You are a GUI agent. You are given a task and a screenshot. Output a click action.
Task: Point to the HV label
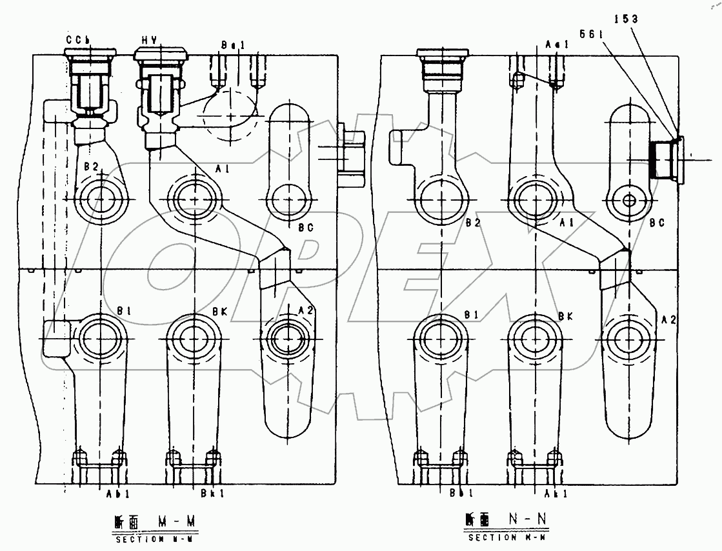151,39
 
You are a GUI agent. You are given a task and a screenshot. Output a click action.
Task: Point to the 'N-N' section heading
521,519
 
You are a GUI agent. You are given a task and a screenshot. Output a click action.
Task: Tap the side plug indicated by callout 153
665,159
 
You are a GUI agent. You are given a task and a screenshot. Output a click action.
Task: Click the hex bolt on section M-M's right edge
352,151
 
